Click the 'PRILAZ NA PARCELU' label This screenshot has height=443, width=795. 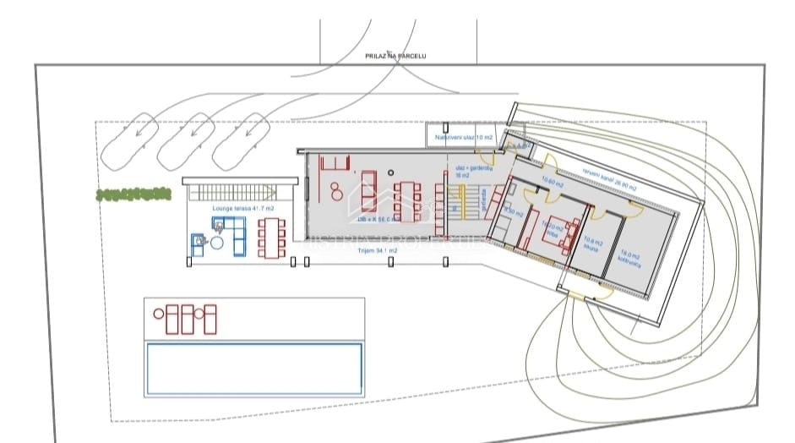(x=395, y=56)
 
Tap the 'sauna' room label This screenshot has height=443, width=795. (x=590, y=247)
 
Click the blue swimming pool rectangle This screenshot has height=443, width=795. (x=254, y=369)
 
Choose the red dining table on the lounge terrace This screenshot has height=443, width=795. (x=271, y=238)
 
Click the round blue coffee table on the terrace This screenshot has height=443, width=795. (x=217, y=243)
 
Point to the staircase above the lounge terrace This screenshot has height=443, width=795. (x=239, y=189)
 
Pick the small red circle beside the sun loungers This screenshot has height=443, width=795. (x=159, y=314)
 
